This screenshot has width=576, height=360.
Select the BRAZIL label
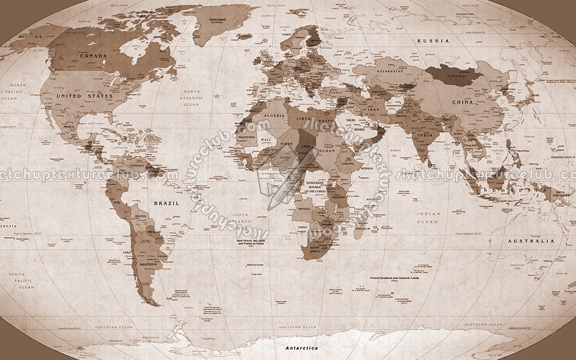click(166, 203)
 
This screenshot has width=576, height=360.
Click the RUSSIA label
click(433, 41)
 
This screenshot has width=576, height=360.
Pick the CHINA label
click(462, 102)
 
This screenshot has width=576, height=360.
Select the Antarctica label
click(301, 348)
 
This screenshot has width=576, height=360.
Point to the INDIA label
click(425, 135)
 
